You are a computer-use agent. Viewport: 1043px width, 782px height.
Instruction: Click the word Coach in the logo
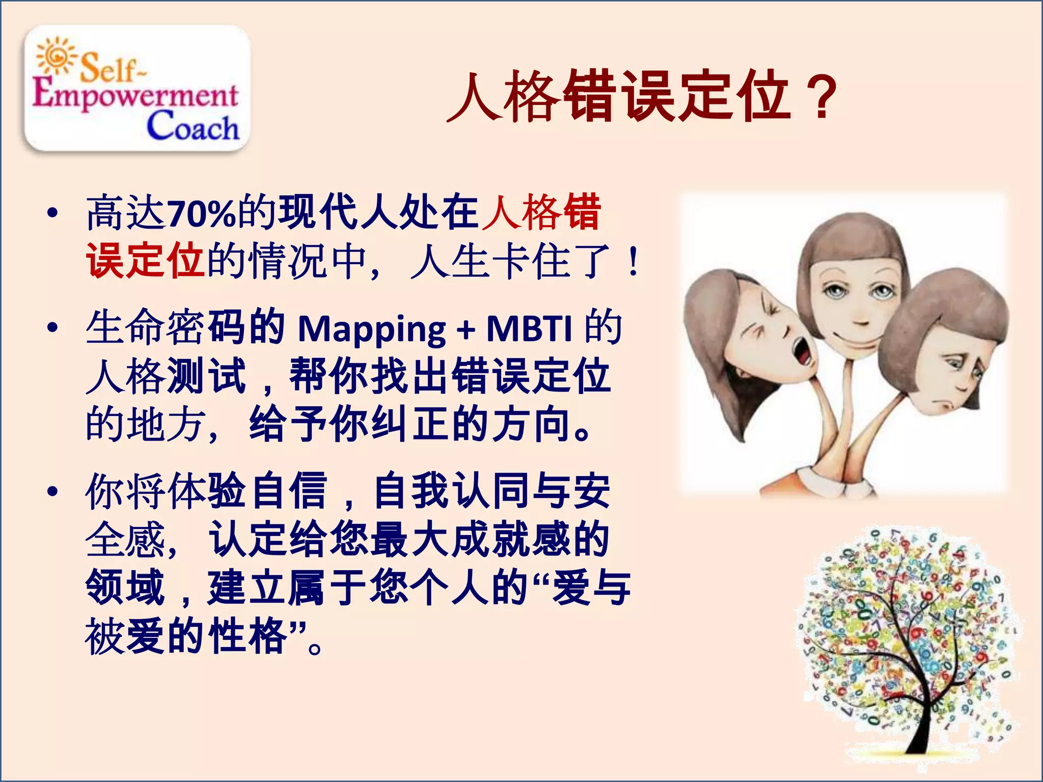pos(193,126)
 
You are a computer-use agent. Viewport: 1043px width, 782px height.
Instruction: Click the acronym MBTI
pos(530,328)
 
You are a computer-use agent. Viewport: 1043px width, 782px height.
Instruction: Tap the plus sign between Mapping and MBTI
pos(465,330)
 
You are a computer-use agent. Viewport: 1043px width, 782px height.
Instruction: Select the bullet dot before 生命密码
pos(52,328)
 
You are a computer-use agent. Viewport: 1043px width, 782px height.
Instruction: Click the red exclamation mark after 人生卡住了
pos(633,262)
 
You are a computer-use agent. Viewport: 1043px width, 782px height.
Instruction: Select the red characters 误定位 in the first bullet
pos(145,261)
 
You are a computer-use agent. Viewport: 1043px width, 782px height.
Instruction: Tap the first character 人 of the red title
pos(474,97)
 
